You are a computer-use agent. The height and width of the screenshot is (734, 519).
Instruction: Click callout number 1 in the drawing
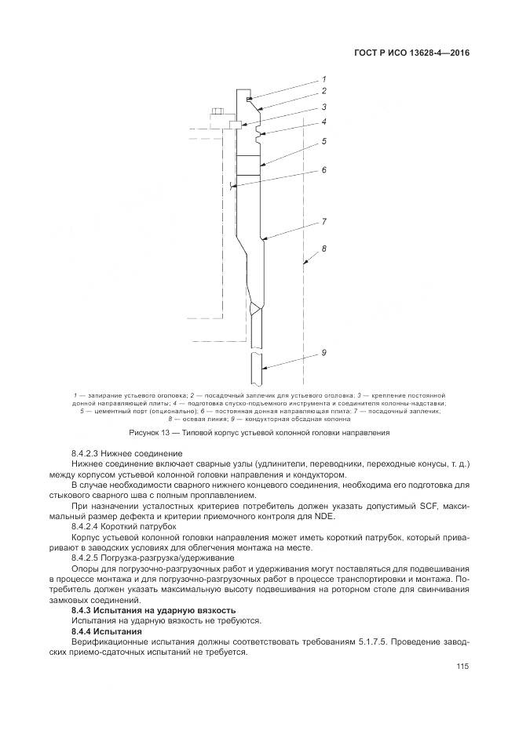pyautogui.click(x=323, y=79)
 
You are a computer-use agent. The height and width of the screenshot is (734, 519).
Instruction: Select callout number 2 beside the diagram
pyautogui.click(x=323, y=91)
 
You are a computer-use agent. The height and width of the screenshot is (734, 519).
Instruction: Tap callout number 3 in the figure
pyautogui.click(x=323, y=107)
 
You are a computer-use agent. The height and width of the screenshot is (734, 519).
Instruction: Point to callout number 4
pyautogui.click(x=323, y=122)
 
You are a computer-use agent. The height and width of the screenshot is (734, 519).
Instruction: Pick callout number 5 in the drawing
pyautogui.click(x=323, y=141)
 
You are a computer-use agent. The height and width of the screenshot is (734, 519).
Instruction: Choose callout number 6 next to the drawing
pyautogui.click(x=323, y=169)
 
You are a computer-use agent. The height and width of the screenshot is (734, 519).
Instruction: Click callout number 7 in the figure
pyautogui.click(x=323, y=222)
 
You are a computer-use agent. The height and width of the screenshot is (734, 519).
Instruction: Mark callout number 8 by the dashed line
pyautogui.click(x=323, y=249)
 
